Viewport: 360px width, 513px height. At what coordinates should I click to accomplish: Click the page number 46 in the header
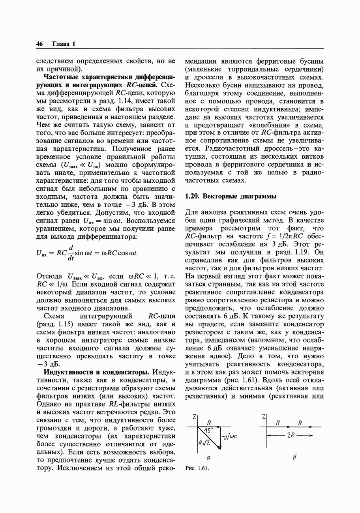coord(39,44)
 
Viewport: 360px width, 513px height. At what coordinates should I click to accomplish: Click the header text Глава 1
coord(64,44)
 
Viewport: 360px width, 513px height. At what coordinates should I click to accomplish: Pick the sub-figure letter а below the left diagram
coord(209,458)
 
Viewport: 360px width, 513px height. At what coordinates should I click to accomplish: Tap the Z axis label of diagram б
coord(263,417)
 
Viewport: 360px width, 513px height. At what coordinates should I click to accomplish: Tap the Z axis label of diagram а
coord(195,417)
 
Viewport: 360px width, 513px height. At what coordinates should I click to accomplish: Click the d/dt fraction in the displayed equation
coord(71,253)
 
